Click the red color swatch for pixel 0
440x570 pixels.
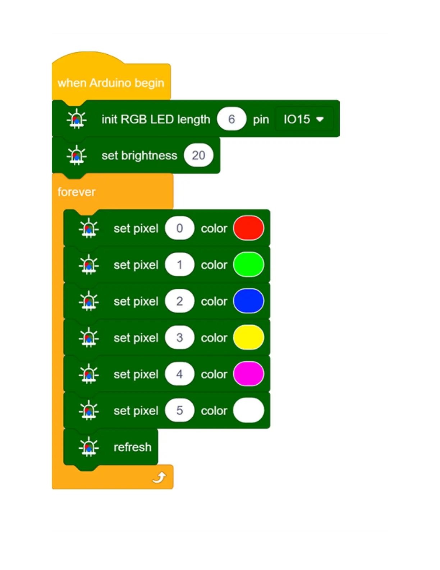click(248, 228)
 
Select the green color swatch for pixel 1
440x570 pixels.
click(248, 264)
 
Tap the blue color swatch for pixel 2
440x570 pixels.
click(248, 301)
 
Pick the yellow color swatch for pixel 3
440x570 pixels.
click(248, 338)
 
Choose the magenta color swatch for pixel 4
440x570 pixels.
click(248, 374)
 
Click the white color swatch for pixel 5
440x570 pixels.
click(248, 410)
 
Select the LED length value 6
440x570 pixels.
click(232, 119)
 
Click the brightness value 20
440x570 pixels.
click(198, 155)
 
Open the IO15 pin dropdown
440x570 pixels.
click(304, 119)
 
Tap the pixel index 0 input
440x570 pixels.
click(179, 228)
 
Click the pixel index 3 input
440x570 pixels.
click(179, 338)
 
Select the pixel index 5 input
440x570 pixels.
click(179, 410)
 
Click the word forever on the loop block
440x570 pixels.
click(76, 192)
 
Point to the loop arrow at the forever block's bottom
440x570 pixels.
click(159, 478)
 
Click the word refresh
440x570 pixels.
click(132, 447)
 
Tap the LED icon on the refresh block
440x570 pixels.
click(88, 447)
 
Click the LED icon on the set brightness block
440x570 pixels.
click(77, 155)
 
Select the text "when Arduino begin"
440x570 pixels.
click(111, 83)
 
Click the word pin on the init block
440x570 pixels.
click(261, 119)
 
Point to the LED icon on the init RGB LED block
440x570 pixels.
click(77, 119)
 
